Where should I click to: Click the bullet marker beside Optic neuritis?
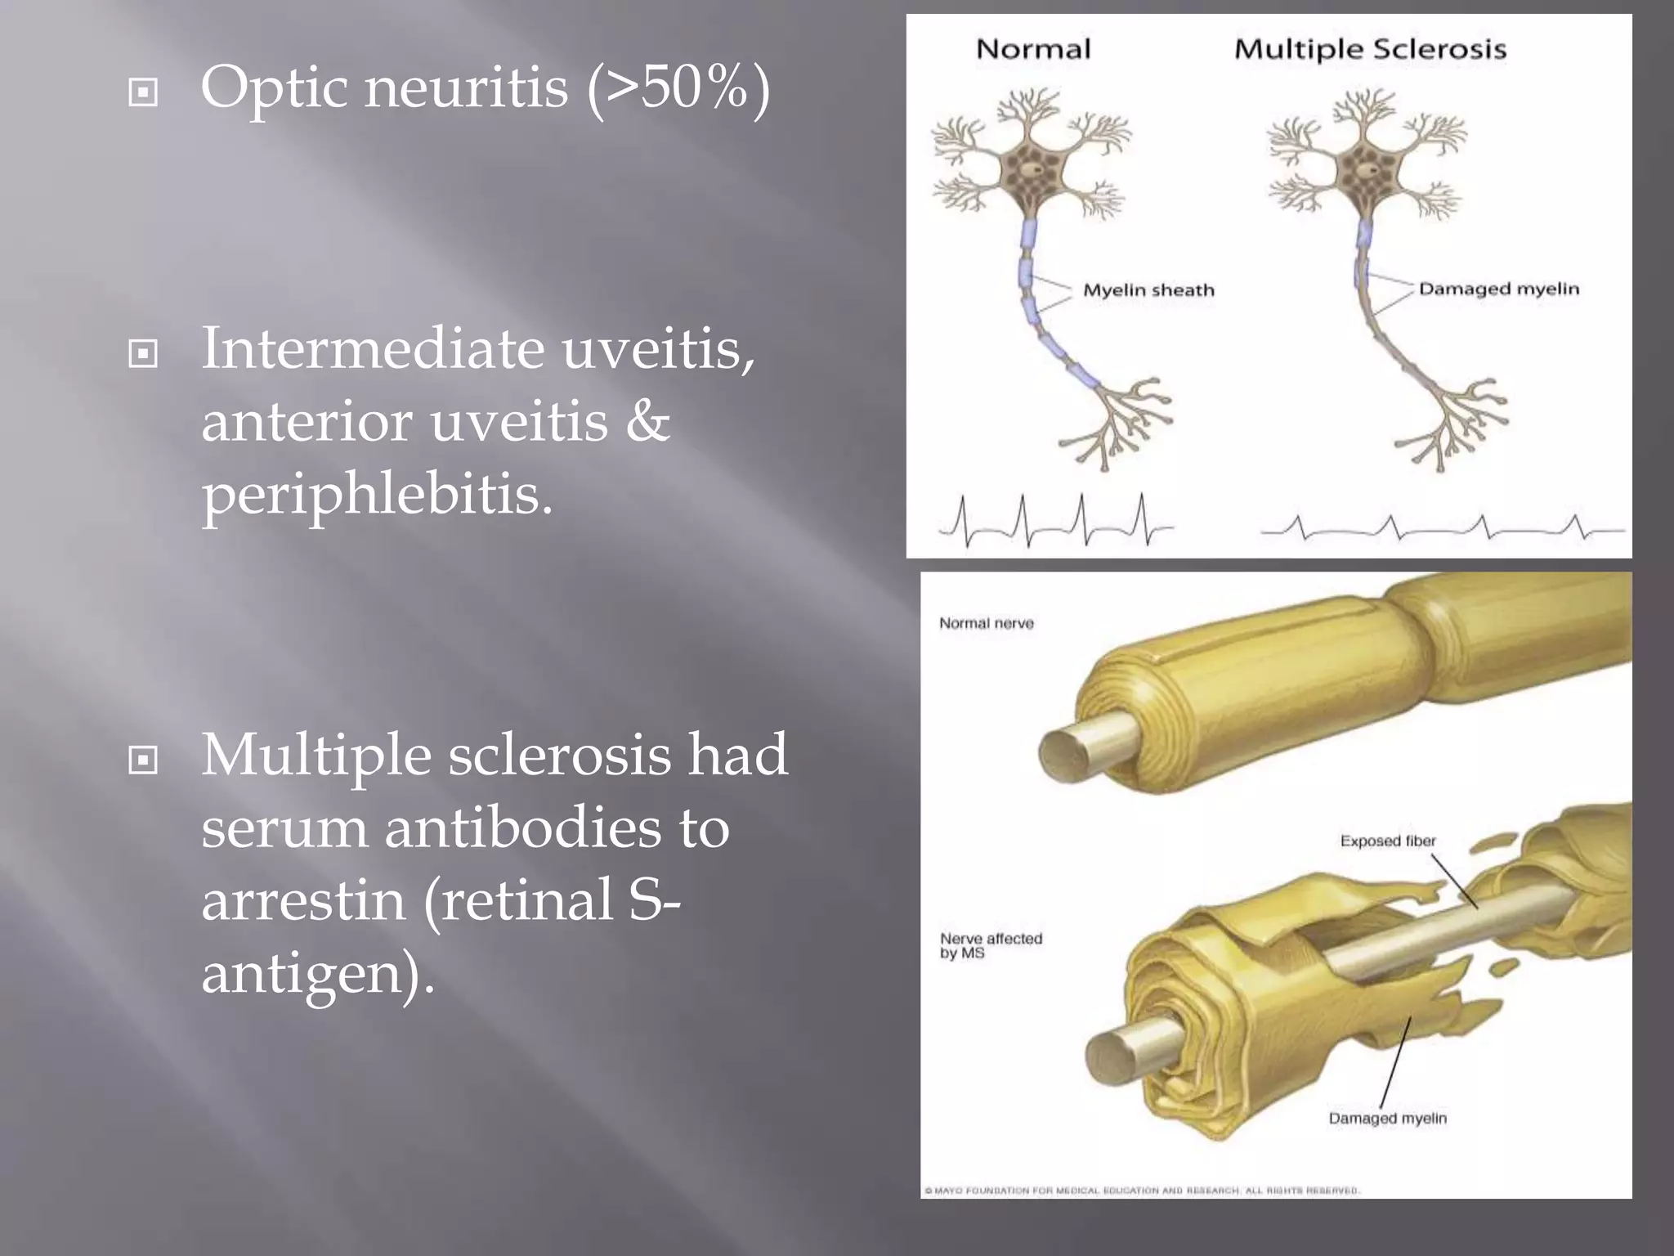click(x=143, y=92)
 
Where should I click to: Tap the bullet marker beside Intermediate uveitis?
click(x=143, y=354)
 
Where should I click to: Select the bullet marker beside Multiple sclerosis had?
click(x=143, y=760)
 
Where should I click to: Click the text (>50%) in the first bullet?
click(x=678, y=88)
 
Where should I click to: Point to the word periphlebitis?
click(x=377, y=496)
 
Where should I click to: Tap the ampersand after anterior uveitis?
click(x=648, y=422)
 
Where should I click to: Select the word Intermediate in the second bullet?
click(x=373, y=349)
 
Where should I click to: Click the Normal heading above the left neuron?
click(x=1033, y=49)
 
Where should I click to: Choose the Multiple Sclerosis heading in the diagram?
click(x=1370, y=49)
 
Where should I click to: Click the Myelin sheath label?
click(x=1148, y=290)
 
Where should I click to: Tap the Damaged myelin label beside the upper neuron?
click(x=1498, y=289)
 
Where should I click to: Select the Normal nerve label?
click(x=986, y=623)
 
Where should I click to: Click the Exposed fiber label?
click(x=1387, y=841)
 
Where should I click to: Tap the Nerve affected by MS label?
click(x=991, y=945)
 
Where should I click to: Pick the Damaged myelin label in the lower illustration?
click(x=1387, y=1118)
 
